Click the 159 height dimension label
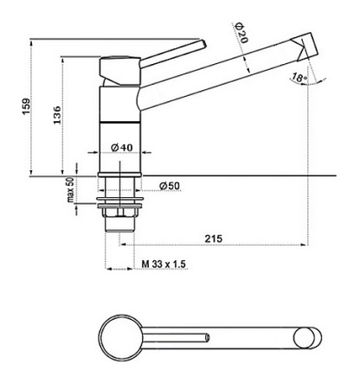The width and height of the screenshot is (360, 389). [27, 106]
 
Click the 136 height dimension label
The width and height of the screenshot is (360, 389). [57, 115]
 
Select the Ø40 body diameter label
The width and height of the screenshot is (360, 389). [122, 148]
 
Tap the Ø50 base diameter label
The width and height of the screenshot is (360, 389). [170, 186]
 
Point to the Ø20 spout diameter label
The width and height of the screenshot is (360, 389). [241, 33]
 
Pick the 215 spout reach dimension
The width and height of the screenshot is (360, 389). [214, 239]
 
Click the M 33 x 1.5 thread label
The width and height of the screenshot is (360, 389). [164, 264]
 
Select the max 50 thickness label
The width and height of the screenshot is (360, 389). [71, 189]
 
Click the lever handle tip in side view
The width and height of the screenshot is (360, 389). [202, 44]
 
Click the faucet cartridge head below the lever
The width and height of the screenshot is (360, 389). [120, 71]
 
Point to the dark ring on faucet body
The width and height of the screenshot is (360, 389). [120, 122]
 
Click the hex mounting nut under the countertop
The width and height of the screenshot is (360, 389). [120, 212]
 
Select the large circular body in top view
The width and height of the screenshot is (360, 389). [120, 337]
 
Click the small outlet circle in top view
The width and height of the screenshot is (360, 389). [304, 337]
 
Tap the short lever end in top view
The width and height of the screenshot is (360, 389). [208, 337]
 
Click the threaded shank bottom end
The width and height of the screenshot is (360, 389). [120, 230]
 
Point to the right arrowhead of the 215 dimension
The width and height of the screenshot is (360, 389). [304, 245]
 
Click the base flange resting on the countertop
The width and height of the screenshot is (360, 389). [120, 175]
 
